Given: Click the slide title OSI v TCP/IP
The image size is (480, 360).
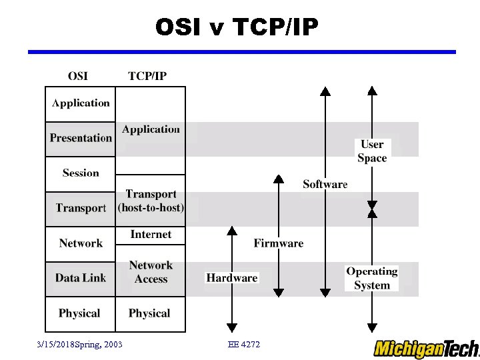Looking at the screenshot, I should click(x=237, y=27).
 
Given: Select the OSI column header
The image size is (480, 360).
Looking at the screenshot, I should click(x=78, y=75).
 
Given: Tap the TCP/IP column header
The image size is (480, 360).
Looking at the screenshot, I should click(x=147, y=75).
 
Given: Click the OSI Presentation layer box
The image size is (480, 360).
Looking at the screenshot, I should click(x=81, y=139).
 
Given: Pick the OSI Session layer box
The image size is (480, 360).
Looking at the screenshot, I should click(x=81, y=173).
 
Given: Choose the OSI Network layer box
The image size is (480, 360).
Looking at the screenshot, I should click(x=81, y=243).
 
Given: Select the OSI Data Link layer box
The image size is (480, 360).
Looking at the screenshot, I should click(x=81, y=278).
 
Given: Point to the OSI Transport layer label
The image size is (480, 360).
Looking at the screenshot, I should click(x=81, y=208).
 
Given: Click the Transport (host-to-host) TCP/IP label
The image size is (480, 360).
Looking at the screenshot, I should click(x=151, y=201).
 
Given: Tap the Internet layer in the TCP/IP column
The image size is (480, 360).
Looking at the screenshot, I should click(x=151, y=235).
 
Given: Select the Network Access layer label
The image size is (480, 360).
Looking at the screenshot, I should click(x=151, y=272).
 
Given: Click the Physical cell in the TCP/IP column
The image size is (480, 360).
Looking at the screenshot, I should click(x=149, y=313).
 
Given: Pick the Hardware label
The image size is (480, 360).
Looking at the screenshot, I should click(x=232, y=278).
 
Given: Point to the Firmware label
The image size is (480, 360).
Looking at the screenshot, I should click(x=279, y=243).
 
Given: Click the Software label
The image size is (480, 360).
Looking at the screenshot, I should click(x=325, y=185).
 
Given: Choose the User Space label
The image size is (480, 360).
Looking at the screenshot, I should click(x=372, y=151).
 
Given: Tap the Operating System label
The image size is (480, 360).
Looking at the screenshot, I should click(x=372, y=278).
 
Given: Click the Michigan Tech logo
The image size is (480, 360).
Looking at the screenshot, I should click(x=425, y=349).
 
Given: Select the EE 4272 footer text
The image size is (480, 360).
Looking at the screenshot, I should click(x=244, y=344).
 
